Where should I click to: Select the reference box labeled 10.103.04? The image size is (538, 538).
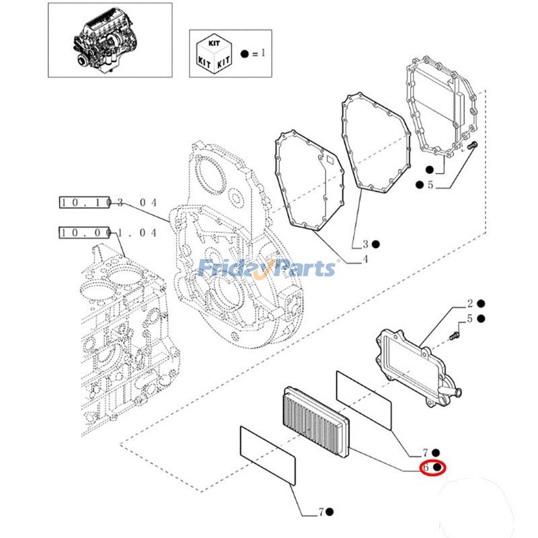pos(108,202)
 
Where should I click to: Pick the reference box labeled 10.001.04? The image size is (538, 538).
pos(108,233)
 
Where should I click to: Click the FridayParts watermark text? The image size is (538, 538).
pos(268,268)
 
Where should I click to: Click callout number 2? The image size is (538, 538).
pos(471,304)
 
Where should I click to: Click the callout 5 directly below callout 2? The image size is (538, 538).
pos(471,319)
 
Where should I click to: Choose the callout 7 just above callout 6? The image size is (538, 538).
pos(426,453)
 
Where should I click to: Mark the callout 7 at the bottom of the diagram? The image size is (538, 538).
pos(321,512)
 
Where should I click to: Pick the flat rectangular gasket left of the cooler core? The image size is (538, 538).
pos(268,455)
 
